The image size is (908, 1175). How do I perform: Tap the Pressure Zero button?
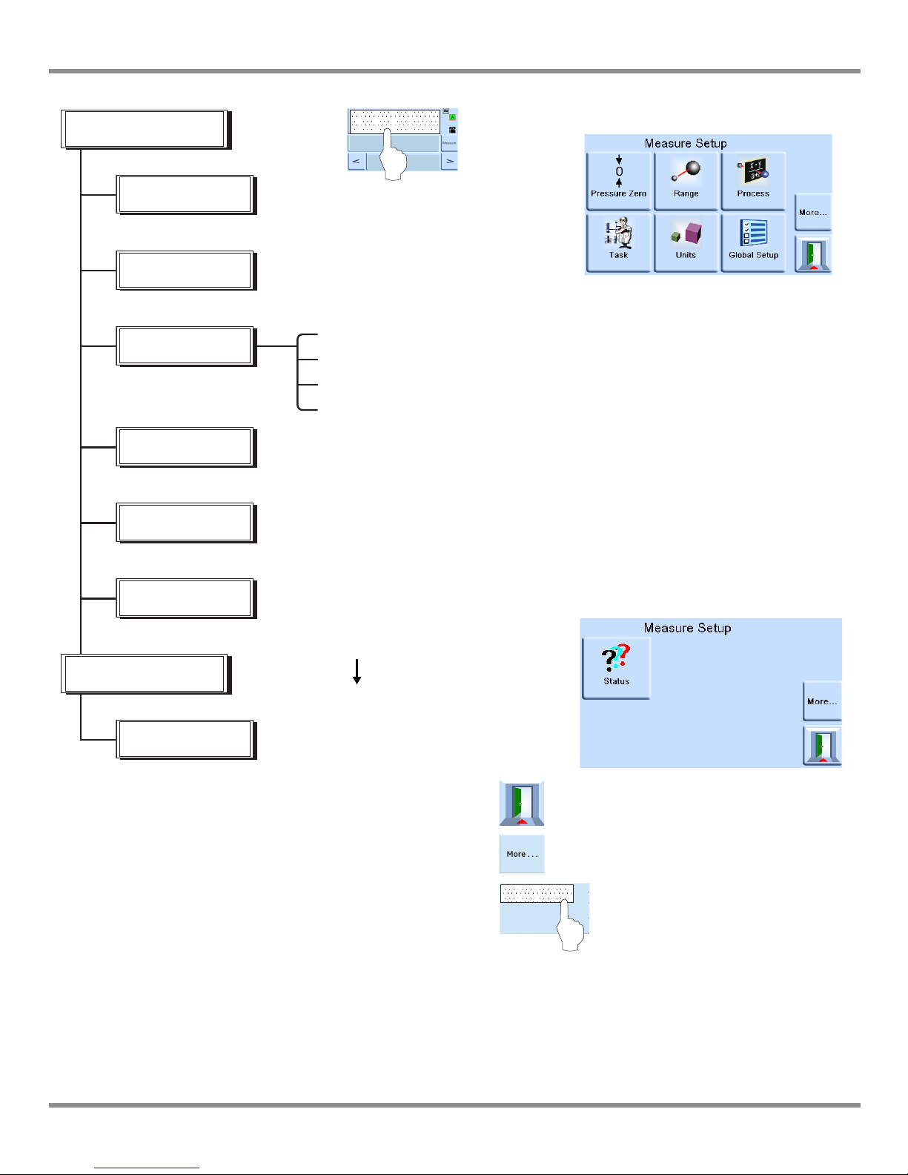tap(618, 181)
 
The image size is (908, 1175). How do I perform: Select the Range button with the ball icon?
tap(686, 181)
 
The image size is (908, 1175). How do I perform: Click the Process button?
tap(753, 181)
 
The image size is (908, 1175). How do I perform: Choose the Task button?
tap(618, 242)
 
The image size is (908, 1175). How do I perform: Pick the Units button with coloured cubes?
tap(686, 242)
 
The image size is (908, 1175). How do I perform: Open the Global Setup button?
tap(753, 242)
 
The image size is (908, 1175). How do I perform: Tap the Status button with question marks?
tap(616, 667)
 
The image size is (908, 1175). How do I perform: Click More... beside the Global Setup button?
tap(812, 212)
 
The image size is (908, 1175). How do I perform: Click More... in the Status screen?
tap(822, 701)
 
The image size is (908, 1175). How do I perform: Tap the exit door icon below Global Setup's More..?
tap(812, 254)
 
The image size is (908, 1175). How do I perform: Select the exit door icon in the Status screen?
tap(822, 745)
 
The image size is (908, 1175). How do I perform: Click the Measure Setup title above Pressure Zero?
tap(686, 143)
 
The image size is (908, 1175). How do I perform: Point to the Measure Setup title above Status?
tap(687, 628)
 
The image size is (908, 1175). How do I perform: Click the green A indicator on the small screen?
tap(452, 117)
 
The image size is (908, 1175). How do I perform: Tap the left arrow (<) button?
tap(357, 161)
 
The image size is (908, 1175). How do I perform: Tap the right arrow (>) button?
tap(449, 161)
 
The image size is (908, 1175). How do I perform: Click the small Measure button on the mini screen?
tap(449, 142)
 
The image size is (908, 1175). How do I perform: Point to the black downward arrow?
tap(357, 672)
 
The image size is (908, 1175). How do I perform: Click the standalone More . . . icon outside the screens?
tap(522, 854)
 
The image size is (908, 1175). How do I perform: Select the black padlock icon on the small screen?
tap(452, 130)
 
